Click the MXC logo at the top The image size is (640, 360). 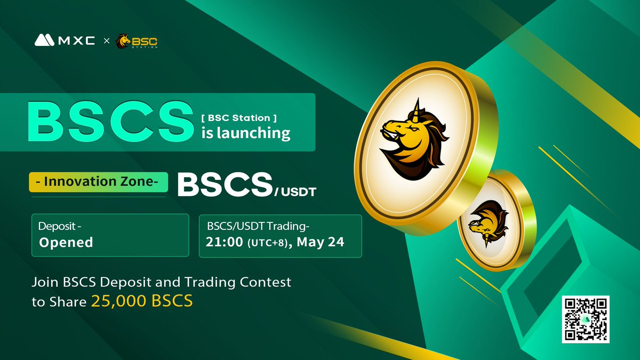65,40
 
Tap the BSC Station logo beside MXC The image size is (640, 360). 137,41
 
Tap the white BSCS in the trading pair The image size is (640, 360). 223,185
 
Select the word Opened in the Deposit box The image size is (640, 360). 66,243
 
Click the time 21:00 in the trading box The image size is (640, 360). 224,242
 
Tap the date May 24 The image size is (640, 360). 320,242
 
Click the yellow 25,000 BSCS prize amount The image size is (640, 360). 142,301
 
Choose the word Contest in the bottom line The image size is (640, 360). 265,282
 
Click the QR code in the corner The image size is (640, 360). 585,319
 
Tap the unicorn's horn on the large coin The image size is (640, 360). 417,105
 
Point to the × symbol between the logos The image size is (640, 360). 106,41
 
